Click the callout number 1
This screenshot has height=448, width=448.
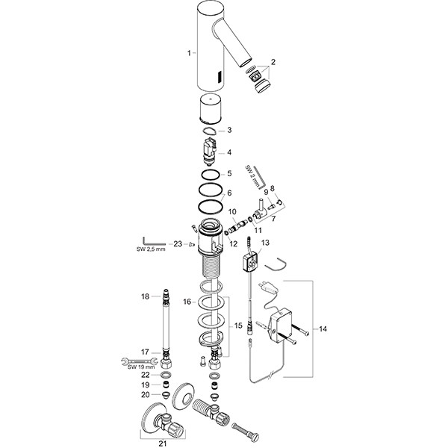coord(190,52)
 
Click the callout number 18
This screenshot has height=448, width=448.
coord(146,296)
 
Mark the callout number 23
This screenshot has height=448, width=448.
coord(177,243)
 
